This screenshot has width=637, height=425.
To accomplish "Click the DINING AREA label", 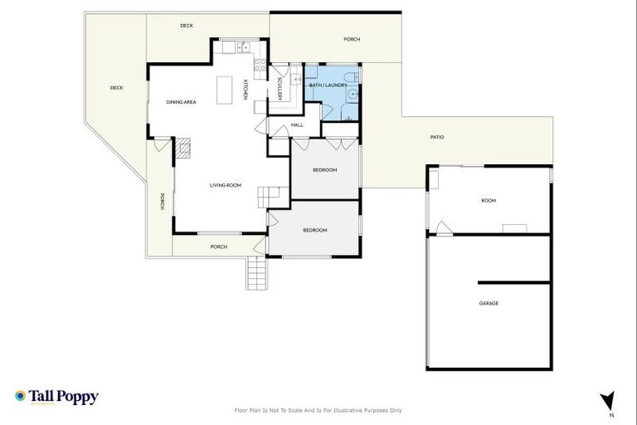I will tap(181, 102).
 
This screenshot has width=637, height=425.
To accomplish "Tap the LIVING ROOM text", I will tap(225, 185).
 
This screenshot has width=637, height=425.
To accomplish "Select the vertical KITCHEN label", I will tap(246, 90).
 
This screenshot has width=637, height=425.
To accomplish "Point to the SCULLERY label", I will tap(280, 89).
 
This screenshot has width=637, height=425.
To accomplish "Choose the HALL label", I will tap(297, 125).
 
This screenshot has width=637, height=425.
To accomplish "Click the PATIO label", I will tap(436, 137).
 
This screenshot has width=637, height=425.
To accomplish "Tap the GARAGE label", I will tap(489, 303).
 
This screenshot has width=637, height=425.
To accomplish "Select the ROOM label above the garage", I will tap(489, 201).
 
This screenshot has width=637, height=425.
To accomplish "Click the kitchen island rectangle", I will tap(222, 90).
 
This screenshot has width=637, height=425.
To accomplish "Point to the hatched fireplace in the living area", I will tap(183, 149).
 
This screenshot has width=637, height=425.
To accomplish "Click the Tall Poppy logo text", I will tap(64, 397).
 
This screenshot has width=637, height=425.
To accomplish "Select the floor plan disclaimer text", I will tap(318, 410).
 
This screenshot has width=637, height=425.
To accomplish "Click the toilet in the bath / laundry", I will tap(355, 77).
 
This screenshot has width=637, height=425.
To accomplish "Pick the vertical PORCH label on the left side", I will tap(163, 201).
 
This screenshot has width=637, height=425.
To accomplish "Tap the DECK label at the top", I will tap(187, 26).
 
